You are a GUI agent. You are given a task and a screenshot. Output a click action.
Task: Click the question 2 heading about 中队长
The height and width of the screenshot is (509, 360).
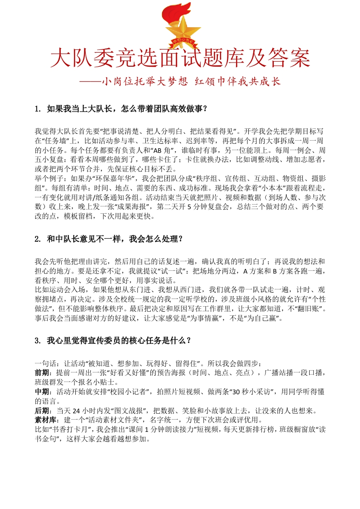click(108, 238)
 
